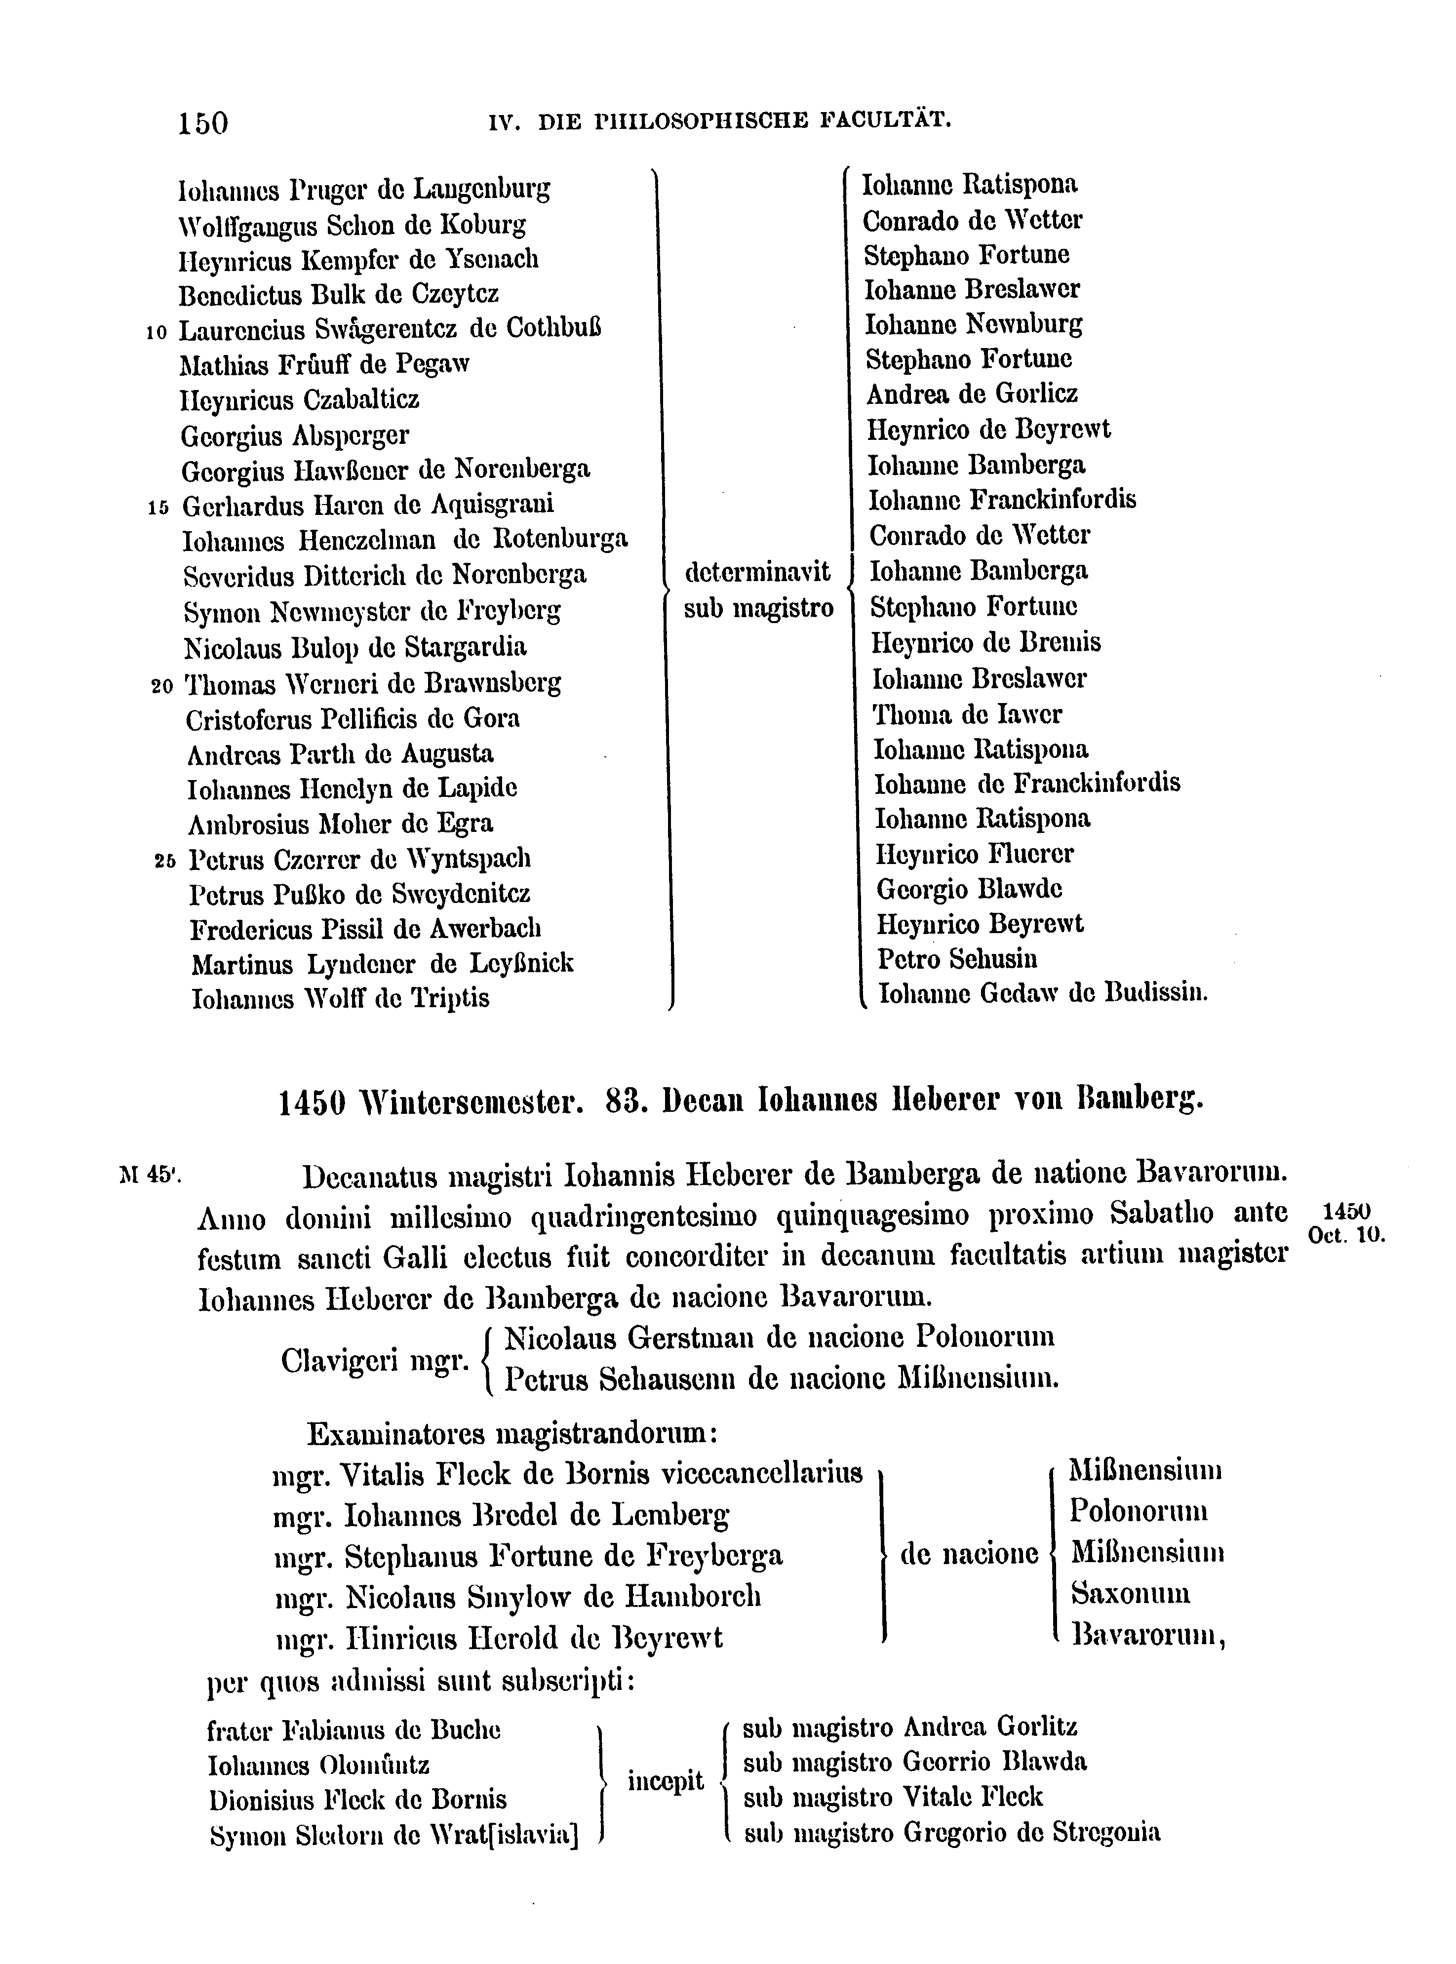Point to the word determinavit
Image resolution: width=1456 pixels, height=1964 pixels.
(757, 573)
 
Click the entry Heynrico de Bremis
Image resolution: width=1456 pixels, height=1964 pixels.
(985, 642)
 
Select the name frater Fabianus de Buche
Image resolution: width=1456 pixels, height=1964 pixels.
(354, 1730)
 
